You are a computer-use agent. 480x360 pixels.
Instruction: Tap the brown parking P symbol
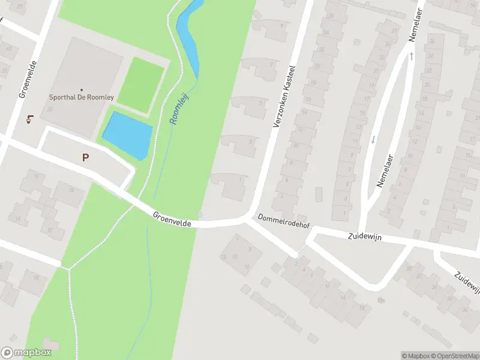pos(86,158)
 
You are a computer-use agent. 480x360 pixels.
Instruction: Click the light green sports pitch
pos(140,84)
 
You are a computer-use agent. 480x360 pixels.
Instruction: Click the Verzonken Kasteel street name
pos(284,96)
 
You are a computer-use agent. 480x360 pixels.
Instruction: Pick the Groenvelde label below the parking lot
pos(172,219)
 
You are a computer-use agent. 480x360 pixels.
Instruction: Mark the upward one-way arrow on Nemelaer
pos(412,56)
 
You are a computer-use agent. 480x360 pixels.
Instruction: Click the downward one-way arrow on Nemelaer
pos(373,139)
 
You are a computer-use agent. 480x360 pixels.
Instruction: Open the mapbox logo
pos(25,353)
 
